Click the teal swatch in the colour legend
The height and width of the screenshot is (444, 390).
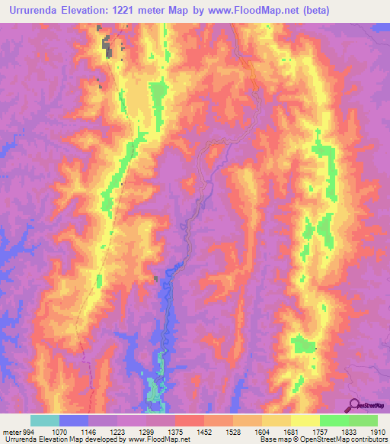point(45,420)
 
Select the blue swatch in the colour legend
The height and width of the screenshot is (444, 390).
point(74,420)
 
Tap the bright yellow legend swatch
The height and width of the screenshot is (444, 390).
point(305,420)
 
